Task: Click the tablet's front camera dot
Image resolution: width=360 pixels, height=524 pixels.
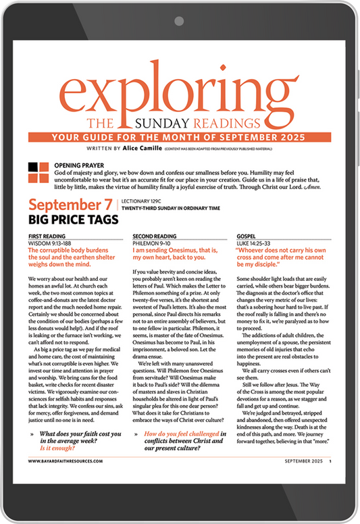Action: [x=180, y=20]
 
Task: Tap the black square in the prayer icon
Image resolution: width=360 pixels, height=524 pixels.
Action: [x=33, y=167]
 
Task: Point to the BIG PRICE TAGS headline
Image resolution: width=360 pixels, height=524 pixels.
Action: [x=74, y=220]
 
